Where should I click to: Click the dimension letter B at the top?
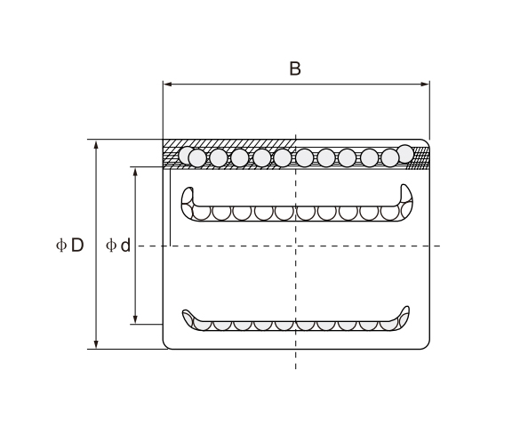(x=295, y=68)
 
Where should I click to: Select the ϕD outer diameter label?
(x=69, y=245)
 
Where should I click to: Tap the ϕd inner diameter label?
(x=118, y=245)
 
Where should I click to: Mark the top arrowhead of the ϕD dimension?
(x=97, y=144)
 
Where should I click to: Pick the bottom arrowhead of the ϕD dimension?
(x=97, y=344)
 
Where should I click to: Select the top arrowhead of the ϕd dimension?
(x=135, y=171)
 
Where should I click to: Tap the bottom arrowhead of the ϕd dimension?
(x=135, y=319)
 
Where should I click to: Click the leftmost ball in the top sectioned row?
(x=187, y=156)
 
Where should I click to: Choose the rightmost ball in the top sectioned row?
(x=405, y=153)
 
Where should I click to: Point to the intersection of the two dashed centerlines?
(x=295, y=245)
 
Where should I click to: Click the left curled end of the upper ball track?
(x=188, y=201)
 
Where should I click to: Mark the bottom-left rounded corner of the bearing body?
(x=167, y=345)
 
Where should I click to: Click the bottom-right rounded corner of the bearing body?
(x=426, y=345)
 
